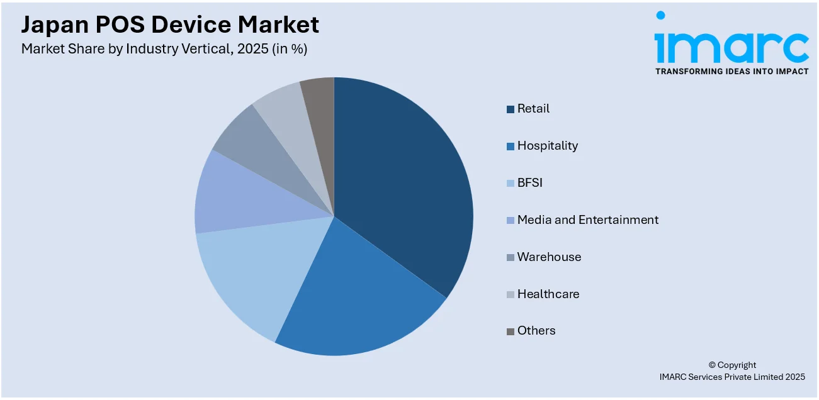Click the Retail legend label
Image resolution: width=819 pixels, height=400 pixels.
pyautogui.click(x=533, y=109)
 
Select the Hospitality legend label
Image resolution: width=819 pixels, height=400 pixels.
pyautogui.click(x=547, y=146)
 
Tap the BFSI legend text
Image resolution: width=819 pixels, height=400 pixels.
pyautogui.click(x=529, y=183)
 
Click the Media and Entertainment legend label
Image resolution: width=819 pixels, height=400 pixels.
pyautogui.click(x=587, y=220)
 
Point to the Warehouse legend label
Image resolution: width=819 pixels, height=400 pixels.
pyautogui.click(x=549, y=257)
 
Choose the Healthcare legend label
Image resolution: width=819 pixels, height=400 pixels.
pyautogui.click(x=548, y=294)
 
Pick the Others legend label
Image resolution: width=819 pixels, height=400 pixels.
pyautogui.click(x=536, y=331)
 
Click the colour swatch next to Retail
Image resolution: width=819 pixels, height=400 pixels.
pyautogui.click(x=511, y=109)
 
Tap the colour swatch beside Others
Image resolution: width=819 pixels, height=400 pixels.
pyautogui.click(x=511, y=331)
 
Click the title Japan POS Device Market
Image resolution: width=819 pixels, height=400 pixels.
pyautogui.click(x=170, y=25)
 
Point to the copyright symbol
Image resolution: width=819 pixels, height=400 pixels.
pyautogui.click(x=712, y=365)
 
